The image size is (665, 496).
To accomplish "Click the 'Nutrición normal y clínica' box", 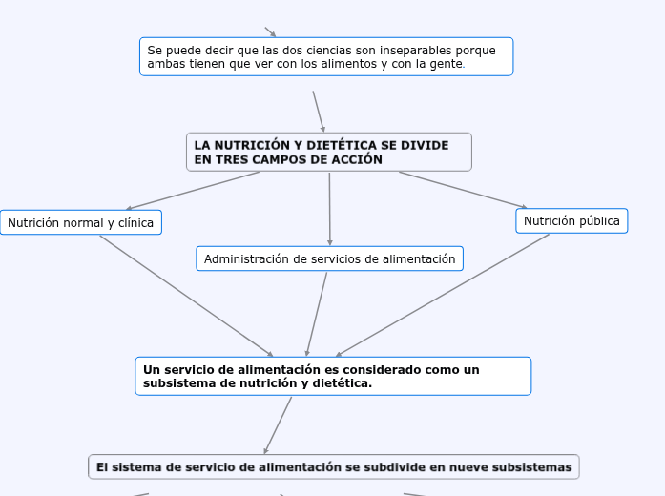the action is [x=81, y=223].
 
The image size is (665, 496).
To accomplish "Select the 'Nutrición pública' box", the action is [x=571, y=221].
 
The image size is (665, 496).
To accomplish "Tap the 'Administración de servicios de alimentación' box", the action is [x=329, y=258].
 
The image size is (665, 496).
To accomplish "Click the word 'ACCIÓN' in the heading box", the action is [x=357, y=160].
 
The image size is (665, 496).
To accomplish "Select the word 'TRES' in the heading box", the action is [x=232, y=160].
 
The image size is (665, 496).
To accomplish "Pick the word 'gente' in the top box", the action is [x=446, y=65].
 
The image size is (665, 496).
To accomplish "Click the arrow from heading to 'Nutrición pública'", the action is [x=463, y=190].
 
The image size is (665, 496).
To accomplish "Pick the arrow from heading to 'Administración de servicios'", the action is [x=329, y=209].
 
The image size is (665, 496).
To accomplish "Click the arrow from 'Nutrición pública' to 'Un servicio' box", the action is [x=444, y=295].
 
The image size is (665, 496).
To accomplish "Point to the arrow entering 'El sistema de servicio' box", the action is [x=278, y=425].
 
